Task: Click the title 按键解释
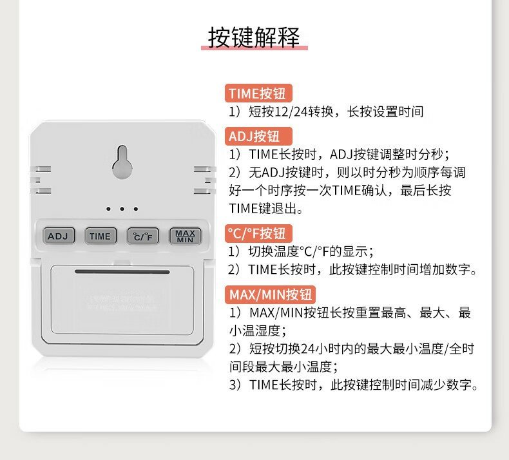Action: point(254,37)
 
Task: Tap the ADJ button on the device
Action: point(58,236)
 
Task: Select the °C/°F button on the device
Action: point(142,236)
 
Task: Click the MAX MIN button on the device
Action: point(186,236)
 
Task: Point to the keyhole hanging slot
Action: point(122,161)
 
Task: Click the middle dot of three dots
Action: point(122,209)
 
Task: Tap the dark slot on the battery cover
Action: point(122,271)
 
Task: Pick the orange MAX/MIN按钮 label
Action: point(271,295)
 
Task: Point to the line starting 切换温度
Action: point(301,251)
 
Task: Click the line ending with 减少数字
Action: point(354,385)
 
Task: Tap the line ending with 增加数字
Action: point(354,270)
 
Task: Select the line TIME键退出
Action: point(265,208)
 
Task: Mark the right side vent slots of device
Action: point(204,180)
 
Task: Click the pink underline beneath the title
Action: point(254,49)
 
